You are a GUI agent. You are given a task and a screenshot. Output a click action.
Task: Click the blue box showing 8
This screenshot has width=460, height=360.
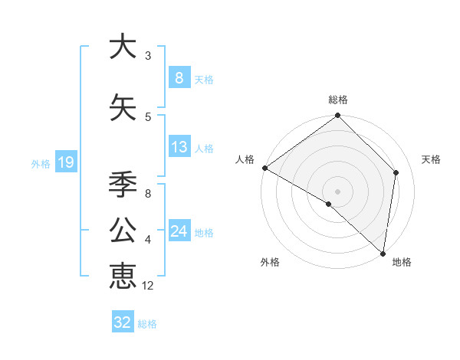point(179,78)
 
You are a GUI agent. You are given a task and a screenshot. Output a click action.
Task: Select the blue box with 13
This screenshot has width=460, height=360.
point(179,147)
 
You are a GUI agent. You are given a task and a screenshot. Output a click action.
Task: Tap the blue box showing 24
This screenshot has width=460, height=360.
point(179,231)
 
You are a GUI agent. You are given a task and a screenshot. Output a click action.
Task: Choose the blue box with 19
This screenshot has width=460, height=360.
point(65,162)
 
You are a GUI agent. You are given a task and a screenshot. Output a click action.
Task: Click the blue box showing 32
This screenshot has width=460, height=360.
point(123,322)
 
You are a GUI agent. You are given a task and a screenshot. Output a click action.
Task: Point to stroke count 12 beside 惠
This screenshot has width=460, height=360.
point(148,286)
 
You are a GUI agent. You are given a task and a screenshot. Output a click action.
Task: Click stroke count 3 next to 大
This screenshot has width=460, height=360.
point(148,56)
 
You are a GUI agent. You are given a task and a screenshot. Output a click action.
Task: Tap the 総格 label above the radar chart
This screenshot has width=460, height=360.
point(338,100)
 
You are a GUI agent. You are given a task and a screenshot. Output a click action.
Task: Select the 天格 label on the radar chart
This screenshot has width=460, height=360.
point(431,159)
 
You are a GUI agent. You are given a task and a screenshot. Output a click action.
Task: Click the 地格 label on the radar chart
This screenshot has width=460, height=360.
point(402,262)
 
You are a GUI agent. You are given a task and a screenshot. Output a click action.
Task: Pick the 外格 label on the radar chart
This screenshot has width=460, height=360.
point(270,262)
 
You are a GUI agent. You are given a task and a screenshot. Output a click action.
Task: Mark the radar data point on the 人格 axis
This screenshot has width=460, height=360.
point(264,168)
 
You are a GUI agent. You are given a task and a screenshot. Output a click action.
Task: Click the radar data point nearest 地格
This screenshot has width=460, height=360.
point(383,254)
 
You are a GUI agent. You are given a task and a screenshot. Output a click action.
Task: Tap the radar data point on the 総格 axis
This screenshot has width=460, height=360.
point(338,116)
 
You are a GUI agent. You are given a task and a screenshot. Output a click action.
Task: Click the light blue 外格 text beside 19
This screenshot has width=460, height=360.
point(40,163)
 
